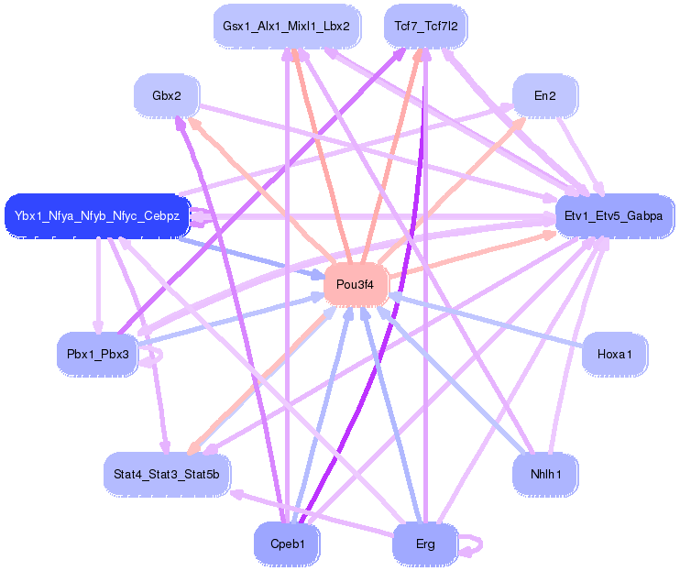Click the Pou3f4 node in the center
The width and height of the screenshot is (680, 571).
point(356,284)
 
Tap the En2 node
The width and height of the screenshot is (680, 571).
point(544,94)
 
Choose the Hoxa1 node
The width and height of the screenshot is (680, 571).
point(614,354)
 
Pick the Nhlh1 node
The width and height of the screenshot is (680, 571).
point(544,474)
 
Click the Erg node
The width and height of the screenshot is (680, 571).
point(425,544)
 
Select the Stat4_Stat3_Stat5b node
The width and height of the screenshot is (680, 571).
point(166,475)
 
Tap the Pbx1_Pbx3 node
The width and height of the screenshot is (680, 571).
point(97,354)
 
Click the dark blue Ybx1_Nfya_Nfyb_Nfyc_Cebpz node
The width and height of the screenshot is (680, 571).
point(96,217)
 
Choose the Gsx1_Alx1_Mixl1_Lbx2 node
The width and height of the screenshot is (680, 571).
point(286,26)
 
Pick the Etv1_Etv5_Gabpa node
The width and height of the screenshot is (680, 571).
point(614,216)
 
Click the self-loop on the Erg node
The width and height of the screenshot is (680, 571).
point(474,545)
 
